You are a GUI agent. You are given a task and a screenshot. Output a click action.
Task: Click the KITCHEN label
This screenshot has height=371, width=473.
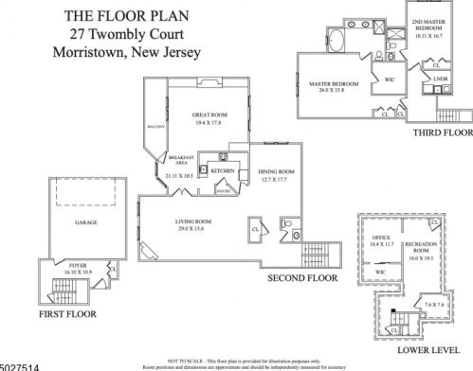(x=222, y=170)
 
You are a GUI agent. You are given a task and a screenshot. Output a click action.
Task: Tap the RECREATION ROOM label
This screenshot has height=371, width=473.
(x=423, y=250)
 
